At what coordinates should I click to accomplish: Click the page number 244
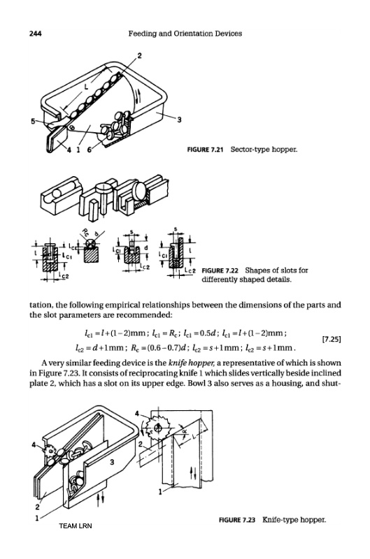click(x=36, y=34)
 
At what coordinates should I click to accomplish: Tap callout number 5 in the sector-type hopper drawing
click(x=32, y=121)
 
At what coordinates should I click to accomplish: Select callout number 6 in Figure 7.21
click(x=90, y=150)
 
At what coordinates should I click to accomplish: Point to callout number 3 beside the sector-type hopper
click(x=179, y=119)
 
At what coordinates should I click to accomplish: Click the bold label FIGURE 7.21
click(x=205, y=150)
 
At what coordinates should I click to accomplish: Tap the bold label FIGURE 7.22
click(x=220, y=270)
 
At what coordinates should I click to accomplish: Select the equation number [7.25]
click(x=332, y=339)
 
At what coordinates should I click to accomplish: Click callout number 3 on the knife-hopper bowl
click(x=112, y=463)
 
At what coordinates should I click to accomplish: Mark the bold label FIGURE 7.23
click(x=237, y=520)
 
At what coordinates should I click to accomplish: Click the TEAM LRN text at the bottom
click(x=76, y=526)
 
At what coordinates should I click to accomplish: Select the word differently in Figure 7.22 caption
click(x=219, y=279)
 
